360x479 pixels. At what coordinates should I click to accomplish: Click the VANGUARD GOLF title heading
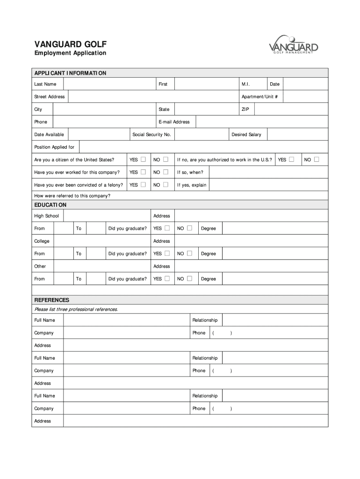pos(70,44)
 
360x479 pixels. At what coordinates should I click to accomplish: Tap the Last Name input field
pos(109,84)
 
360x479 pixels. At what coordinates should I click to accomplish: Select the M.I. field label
pos(245,84)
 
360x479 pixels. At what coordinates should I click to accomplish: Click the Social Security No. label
pos(151,135)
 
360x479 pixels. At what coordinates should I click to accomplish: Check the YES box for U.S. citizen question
pos(144,160)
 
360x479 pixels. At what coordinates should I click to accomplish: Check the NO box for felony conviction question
pos(166,185)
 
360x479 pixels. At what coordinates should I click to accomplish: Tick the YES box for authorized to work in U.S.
pos(292,160)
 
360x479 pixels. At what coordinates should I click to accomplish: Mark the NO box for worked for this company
pos(166,172)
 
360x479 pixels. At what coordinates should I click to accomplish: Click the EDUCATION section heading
pos(50,205)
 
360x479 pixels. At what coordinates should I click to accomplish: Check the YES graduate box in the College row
pos(166,254)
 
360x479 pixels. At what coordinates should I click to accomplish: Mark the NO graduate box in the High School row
pos(189,228)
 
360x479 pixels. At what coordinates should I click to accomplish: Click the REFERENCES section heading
pos(51,300)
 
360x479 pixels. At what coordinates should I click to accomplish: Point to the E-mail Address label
pos(174,122)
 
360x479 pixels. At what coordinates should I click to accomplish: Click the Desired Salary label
pos(246,135)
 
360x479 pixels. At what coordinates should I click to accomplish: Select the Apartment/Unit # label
pos(259,97)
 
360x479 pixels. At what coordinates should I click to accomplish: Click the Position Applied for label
pos(54,147)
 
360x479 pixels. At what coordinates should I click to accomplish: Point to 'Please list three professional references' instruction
pos(76,310)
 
